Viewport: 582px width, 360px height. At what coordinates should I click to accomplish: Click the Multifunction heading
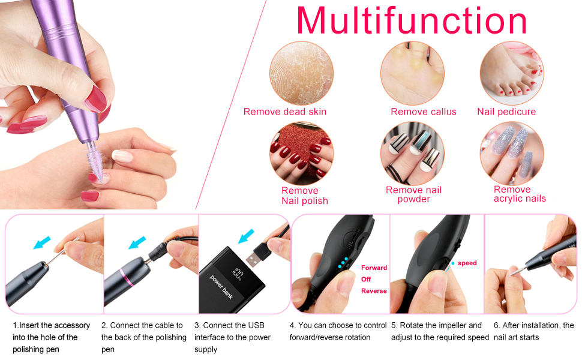[x=412, y=22]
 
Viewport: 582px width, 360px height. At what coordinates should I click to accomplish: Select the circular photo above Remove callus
[x=412, y=73]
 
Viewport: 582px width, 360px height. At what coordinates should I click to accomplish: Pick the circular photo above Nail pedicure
[x=511, y=73]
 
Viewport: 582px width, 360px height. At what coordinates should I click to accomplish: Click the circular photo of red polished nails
[x=301, y=153]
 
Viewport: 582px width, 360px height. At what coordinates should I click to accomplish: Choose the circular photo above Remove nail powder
[x=412, y=154]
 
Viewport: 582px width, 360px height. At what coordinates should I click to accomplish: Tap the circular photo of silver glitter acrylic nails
[x=511, y=154]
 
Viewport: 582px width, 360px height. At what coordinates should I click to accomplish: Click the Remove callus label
[x=423, y=112]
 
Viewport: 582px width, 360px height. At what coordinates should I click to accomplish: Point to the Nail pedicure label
[x=506, y=112]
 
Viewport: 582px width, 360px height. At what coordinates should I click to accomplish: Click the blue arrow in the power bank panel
[x=246, y=235]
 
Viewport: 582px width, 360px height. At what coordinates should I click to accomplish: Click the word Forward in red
[x=374, y=268]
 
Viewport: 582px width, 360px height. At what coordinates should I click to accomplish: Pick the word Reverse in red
[x=374, y=291]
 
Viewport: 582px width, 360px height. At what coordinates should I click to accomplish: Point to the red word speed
[x=467, y=263]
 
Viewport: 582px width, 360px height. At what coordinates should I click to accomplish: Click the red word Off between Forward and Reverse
[x=366, y=280]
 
